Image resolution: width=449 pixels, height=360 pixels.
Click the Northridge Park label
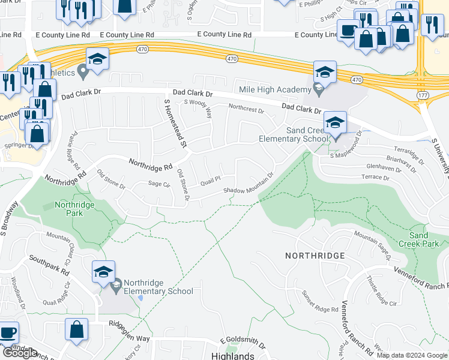pyautogui.click(x=74, y=209)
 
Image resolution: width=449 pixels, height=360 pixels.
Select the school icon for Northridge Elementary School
pyautogui.click(x=103, y=273)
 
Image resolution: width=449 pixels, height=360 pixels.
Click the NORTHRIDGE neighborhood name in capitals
pyautogui.click(x=315, y=256)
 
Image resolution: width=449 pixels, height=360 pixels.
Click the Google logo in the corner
pyautogui.click(x=20, y=353)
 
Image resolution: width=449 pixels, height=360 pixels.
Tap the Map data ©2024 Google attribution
pyautogui.click(x=411, y=355)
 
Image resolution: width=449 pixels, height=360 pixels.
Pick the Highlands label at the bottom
pyautogui.click(x=233, y=355)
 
